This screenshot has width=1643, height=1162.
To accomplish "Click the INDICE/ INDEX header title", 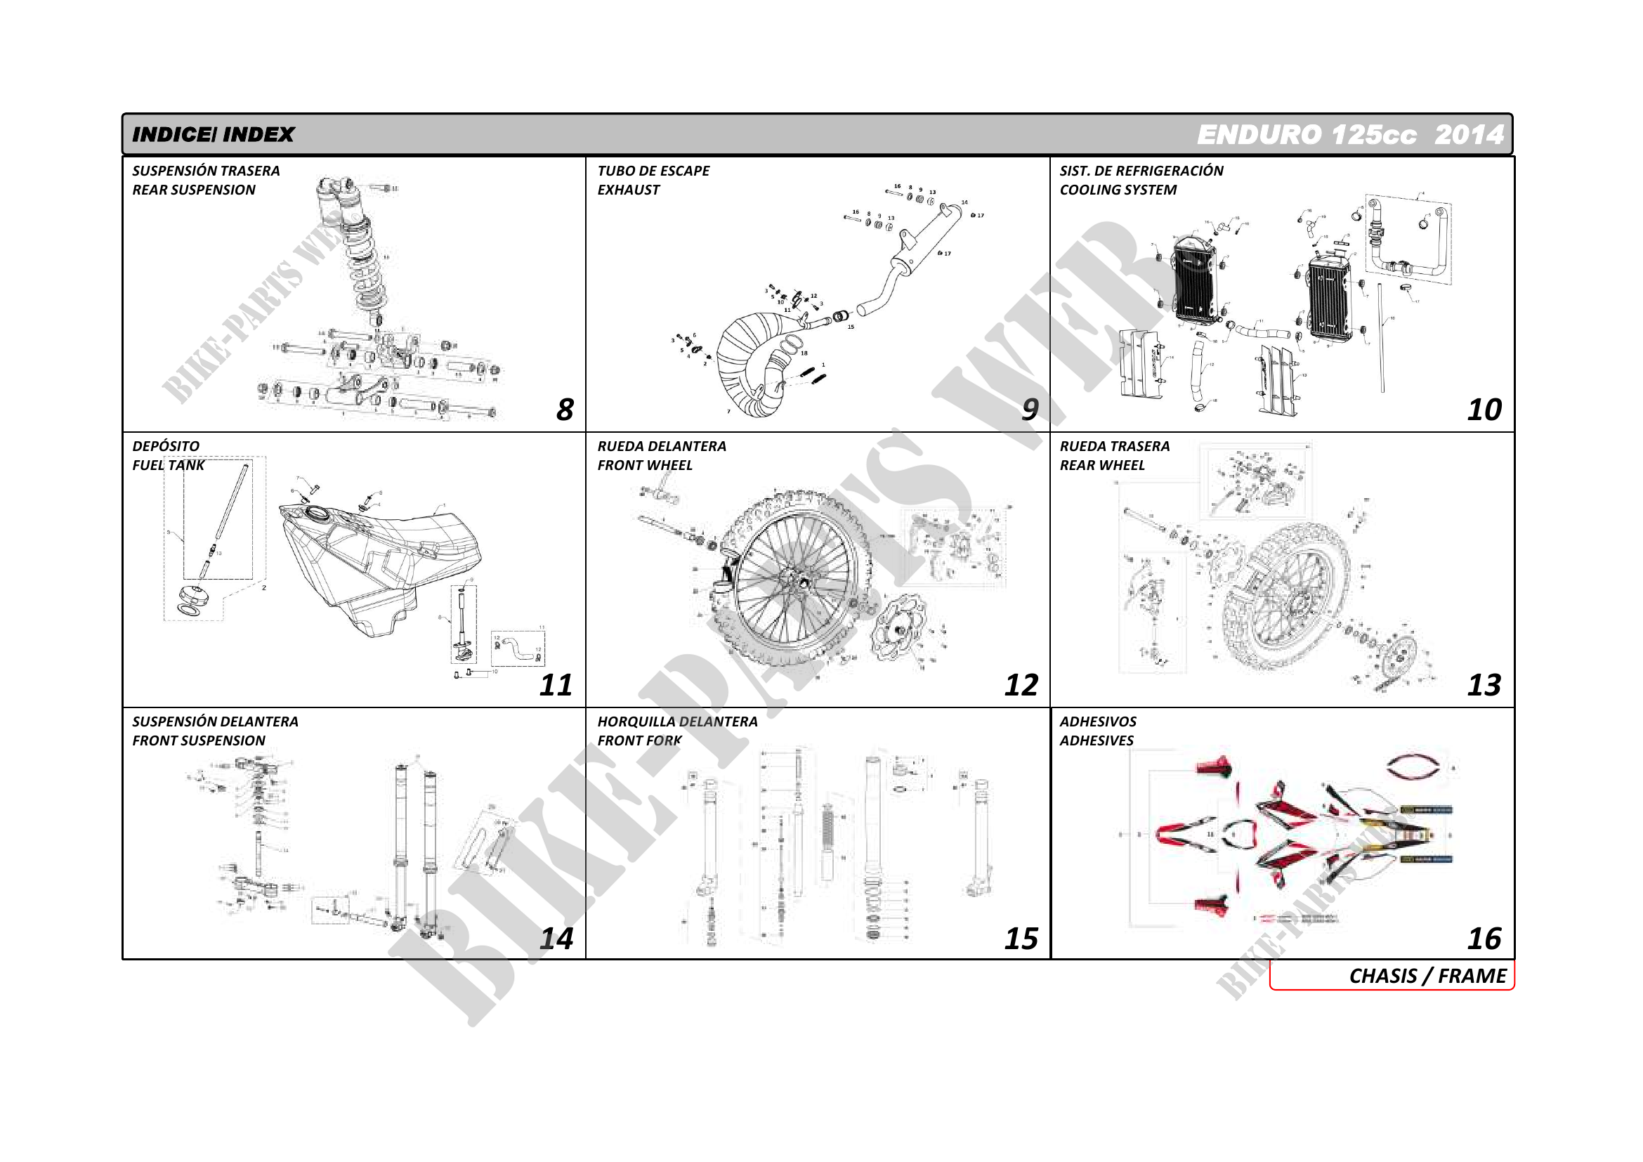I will pyautogui.click(x=214, y=134).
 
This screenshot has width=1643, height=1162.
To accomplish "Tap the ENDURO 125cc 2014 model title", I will pyautogui.click(x=1349, y=134).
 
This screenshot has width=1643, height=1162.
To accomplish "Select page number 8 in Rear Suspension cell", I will pyautogui.click(x=565, y=410).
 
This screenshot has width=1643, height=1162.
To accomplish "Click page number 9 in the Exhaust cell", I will pyautogui.click(x=1029, y=410).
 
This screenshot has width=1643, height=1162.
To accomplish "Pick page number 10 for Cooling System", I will pyautogui.click(x=1484, y=410).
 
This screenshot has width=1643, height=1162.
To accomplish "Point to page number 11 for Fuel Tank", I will pyautogui.click(x=556, y=686).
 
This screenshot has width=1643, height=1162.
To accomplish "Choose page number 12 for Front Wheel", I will pyautogui.click(x=1021, y=686).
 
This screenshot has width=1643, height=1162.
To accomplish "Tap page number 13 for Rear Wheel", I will pyautogui.click(x=1484, y=686).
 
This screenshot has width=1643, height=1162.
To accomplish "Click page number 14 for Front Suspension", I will pyautogui.click(x=556, y=939).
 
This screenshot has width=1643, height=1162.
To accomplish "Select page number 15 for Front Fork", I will pyautogui.click(x=1021, y=939).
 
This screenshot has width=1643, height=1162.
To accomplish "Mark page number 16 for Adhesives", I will pyautogui.click(x=1484, y=939).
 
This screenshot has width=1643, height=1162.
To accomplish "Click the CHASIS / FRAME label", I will pyautogui.click(x=1427, y=976).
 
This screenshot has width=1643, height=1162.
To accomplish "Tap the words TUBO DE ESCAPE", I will pyautogui.click(x=653, y=171).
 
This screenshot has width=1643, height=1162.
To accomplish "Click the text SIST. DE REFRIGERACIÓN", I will pyautogui.click(x=1141, y=171).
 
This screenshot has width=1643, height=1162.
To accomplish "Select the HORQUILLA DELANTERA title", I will pyautogui.click(x=677, y=722).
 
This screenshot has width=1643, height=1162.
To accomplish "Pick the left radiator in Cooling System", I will pyautogui.click(x=1194, y=280).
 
